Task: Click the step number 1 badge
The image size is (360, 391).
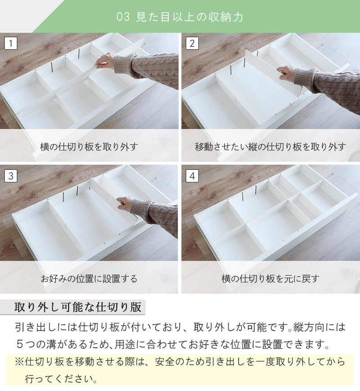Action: (11, 44)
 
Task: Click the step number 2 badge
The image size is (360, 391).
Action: (192, 44)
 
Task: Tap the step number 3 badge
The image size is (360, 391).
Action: (11, 176)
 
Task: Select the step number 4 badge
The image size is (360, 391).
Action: (192, 176)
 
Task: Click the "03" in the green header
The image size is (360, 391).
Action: (123, 18)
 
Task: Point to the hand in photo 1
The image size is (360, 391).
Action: (104, 60)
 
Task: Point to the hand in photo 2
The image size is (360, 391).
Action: (286, 72)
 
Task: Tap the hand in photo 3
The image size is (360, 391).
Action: (125, 203)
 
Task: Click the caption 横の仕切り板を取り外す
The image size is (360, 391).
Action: (89, 146)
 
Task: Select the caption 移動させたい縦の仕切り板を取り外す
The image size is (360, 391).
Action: (270, 146)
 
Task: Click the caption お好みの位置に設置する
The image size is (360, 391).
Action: (89, 278)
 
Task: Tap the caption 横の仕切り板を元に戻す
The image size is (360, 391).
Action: (270, 278)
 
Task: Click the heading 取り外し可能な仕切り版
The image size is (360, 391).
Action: (78, 308)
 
